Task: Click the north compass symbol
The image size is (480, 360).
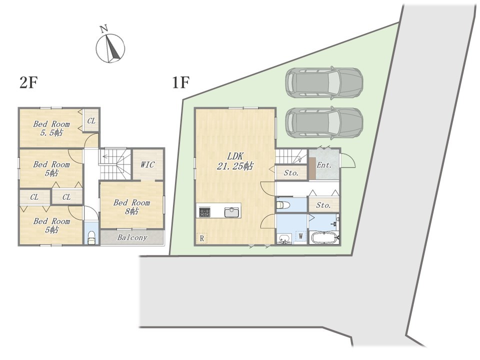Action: point(110,48)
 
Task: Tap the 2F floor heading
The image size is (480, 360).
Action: point(28,82)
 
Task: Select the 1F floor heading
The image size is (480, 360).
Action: point(180,82)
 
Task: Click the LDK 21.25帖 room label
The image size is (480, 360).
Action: point(235,161)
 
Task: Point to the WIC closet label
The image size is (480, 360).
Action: point(147,164)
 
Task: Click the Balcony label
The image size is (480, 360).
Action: point(132,237)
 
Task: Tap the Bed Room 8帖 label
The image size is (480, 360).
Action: point(131,206)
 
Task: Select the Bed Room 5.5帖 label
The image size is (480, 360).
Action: point(51,128)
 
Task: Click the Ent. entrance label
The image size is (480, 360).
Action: point(324,165)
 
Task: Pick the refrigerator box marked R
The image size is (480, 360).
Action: point(201,238)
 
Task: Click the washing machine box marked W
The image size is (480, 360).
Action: point(301,236)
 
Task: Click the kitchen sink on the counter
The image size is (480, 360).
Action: point(232,212)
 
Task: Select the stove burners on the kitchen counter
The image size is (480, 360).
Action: point(205,212)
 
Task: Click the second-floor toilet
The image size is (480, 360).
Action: point(91,237)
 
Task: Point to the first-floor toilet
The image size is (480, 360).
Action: point(283,204)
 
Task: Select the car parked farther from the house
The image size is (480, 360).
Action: point(324,82)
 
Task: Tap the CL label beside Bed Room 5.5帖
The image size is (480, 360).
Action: point(91,121)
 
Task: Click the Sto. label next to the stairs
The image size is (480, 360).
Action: point(291,173)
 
